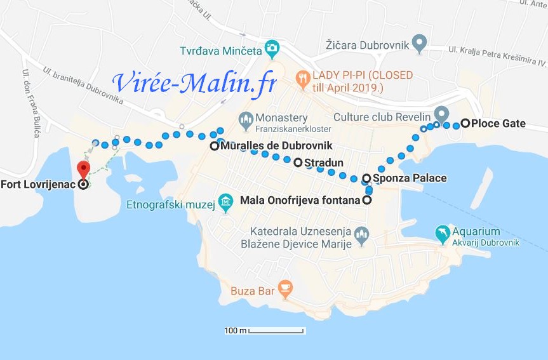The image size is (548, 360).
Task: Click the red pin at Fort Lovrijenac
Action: pos(83,169)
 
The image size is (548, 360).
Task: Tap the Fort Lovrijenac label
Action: pos(37,185)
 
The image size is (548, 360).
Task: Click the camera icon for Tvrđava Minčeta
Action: pos(272,47)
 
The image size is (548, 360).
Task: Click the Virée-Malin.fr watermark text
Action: pos(194,83)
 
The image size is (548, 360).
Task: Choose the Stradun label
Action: pos(324,163)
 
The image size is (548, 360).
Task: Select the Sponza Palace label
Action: pos(410,178)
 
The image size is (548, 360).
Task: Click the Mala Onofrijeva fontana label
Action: pos(301,201)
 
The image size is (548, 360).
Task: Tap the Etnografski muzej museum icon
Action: pos(226,204)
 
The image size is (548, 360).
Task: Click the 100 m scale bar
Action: pos(276,331)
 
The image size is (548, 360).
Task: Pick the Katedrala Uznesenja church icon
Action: pos(361,236)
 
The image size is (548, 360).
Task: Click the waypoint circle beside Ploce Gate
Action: pos(465,123)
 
